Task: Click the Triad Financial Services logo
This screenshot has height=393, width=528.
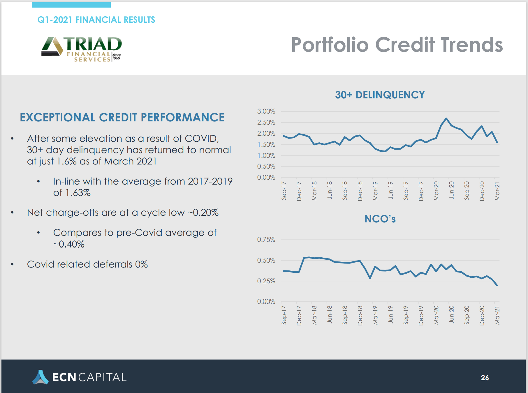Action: [x=82, y=49]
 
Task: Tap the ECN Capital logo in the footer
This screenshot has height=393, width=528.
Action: [x=79, y=377]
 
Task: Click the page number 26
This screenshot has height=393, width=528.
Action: [x=485, y=378]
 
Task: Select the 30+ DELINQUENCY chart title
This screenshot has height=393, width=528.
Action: [x=380, y=95]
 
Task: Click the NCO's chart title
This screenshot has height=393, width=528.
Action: [x=380, y=219]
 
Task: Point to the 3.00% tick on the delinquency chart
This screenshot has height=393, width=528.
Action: [x=266, y=111]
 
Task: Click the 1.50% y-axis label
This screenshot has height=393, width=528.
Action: [x=266, y=144]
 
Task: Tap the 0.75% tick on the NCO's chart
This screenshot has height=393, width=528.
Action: [x=266, y=240]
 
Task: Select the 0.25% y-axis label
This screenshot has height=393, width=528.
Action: [x=266, y=281]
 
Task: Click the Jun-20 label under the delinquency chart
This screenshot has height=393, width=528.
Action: [x=451, y=190]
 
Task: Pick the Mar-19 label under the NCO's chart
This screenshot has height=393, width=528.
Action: [x=375, y=315]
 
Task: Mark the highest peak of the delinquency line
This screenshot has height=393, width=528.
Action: [x=446, y=118]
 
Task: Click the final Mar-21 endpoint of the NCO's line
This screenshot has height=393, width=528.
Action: [x=497, y=285]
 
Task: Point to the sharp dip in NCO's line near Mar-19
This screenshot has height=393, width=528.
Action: [x=370, y=278]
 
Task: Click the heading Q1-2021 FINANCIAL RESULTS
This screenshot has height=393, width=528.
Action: [x=96, y=20]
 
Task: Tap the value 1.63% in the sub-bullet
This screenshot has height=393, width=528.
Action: [x=78, y=193]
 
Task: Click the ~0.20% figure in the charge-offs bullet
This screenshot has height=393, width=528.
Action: [x=203, y=213]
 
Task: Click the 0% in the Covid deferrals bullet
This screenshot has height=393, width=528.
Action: [x=141, y=264]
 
